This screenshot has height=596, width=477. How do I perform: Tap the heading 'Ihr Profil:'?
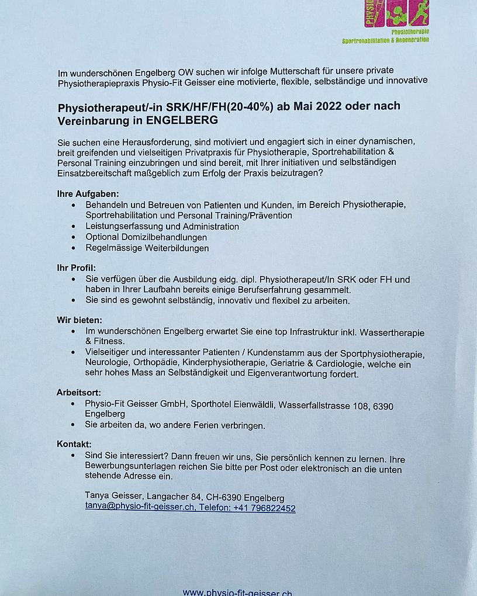(76, 268)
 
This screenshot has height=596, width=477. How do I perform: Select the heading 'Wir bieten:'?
(79, 320)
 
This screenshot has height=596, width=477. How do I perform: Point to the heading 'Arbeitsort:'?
(79, 392)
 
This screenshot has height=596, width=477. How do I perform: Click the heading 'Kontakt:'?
(74, 444)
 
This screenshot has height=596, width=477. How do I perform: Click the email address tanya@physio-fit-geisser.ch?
(140, 508)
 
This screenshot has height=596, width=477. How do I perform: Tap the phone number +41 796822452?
(264, 508)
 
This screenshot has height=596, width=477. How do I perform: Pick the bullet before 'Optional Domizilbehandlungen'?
(73, 238)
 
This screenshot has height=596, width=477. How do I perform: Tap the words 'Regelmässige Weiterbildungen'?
(147, 248)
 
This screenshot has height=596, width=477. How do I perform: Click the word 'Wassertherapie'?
(392, 332)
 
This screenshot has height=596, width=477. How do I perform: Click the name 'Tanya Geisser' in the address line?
(113, 498)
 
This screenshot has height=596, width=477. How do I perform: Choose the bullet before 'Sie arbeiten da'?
(73, 425)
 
